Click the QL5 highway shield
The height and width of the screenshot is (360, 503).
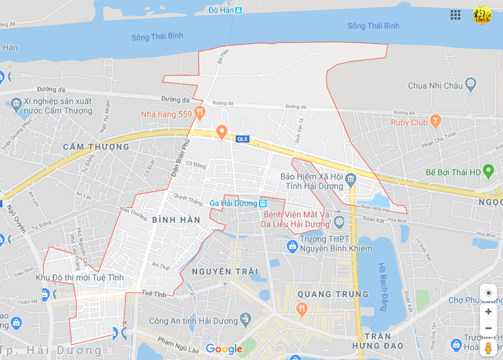tap(242, 139)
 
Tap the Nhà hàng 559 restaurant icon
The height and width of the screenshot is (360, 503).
tap(199, 113)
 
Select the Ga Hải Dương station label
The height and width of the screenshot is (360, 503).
tap(233, 203)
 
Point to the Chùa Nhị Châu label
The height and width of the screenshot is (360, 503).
tap(435, 86)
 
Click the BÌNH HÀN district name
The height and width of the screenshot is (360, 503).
tap(176, 220)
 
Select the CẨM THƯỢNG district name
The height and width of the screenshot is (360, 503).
tap(96, 147)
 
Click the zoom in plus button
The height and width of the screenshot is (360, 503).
tap(488, 312)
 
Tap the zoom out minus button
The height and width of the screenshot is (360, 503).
tap(488, 328)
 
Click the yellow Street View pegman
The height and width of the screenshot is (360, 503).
tap(488, 348)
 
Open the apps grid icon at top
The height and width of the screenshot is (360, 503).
tap(455, 14)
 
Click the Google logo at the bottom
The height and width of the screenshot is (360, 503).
tap(224, 349)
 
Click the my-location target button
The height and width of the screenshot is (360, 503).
tap(488, 293)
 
